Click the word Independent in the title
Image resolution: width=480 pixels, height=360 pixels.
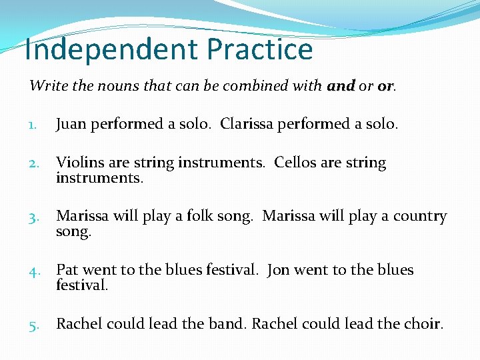pos(111,50)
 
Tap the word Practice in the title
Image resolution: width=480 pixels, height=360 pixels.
pos(260,50)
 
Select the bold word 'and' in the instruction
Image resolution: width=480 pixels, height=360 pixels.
pos(341,86)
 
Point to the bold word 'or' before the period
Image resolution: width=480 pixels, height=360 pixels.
pos(385,86)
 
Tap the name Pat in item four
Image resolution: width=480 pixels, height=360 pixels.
pos(67,270)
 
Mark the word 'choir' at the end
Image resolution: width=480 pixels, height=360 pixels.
pos(423,324)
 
